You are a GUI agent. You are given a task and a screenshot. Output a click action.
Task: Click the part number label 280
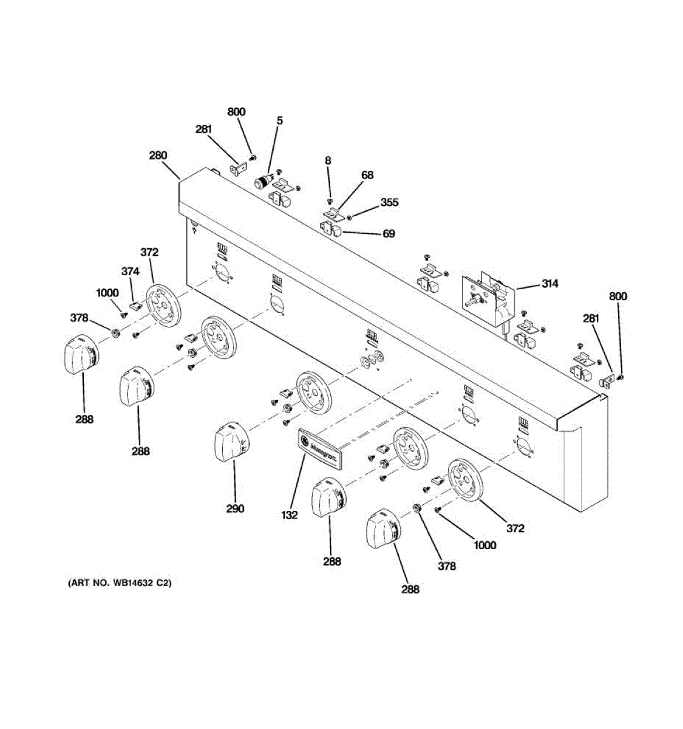click(158, 156)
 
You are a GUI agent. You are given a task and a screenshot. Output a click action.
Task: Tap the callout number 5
click(279, 121)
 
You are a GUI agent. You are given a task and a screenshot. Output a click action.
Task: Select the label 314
click(550, 284)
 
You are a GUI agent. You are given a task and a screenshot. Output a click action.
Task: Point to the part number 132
click(290, 515)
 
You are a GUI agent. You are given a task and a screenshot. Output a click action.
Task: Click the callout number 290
click(235, 508)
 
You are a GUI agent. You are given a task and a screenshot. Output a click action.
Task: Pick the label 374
click(131, 272)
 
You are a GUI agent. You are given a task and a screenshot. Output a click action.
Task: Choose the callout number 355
click(389, 202)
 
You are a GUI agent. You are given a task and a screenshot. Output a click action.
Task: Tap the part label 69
click(389, 233)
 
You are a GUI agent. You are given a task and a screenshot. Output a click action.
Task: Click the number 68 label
click(367, 175)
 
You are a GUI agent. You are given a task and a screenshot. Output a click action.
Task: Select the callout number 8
click(328, 160)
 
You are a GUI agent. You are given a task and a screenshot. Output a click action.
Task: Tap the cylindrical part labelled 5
click(263, 182)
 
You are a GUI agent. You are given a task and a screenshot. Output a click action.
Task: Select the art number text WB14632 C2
click(120, 583)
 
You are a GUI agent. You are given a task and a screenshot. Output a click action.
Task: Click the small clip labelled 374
click(135, 304)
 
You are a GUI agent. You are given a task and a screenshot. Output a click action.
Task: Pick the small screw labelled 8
click(329, 200)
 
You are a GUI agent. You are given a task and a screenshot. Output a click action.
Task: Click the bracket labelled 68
click(333, 214)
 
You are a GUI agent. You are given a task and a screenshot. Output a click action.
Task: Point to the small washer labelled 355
click(349, 217)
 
